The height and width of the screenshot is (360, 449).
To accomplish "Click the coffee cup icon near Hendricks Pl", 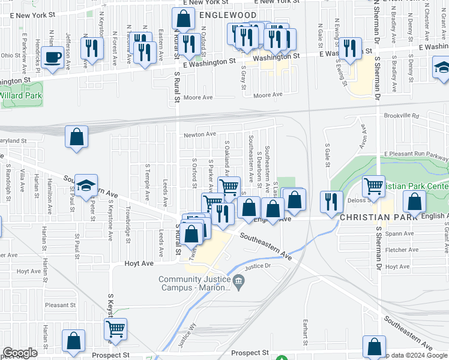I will pyautogui.click(x=53, y=58).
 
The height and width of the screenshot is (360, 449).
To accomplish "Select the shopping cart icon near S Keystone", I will pyautogui.click(x=115, y=328).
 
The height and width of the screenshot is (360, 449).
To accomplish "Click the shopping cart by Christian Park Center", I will pyautogui.click(x=374, y=187).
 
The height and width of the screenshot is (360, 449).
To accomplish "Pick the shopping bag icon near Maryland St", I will pyautogui.click(x=77, y=136).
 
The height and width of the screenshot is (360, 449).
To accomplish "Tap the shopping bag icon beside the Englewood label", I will pyautogui.click(x=184, y=19).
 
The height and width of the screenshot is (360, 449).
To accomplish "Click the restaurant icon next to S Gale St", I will pyautogui.click(x=331, y=202).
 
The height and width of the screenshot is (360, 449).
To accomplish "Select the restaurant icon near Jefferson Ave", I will pyautogui.click(x=91, y=48).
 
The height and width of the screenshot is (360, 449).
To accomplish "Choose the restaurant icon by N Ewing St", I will pyautogui.click(x=350, y=48).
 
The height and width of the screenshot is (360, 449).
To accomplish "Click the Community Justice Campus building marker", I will pyautogui.click(x=238, y=280).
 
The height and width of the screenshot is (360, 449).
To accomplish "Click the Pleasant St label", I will pyautogui.click(x=59, y=305).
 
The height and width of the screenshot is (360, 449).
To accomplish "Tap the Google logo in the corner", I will pyautogui.click(x=20, y=352).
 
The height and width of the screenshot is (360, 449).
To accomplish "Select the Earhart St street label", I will pyautogui.click(x=306, y=331).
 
